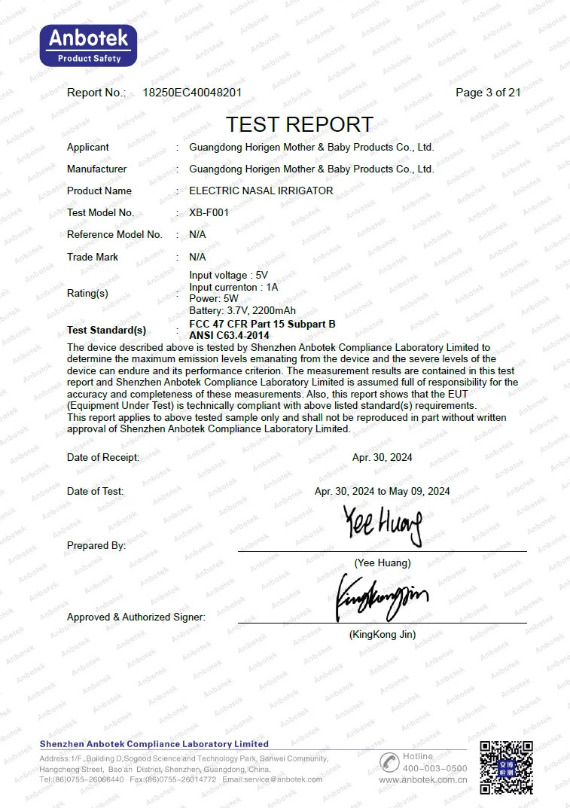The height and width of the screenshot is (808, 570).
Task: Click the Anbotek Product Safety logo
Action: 89,45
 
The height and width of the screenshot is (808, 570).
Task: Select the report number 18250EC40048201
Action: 192,93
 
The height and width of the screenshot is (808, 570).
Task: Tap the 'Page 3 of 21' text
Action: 488,93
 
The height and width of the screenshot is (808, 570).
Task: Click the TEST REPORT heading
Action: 300,124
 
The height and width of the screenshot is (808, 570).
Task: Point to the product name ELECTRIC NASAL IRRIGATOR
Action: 261,191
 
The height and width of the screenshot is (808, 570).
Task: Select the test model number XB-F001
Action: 209,212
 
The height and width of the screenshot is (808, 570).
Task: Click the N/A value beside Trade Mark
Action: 197,257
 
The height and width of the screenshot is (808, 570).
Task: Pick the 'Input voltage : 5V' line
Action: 229,276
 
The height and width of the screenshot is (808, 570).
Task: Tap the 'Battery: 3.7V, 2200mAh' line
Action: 242,310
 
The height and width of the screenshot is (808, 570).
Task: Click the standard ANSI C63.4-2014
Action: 229,334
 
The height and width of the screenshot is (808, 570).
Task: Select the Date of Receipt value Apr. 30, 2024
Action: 382,457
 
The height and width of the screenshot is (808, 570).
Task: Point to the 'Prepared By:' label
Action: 96,545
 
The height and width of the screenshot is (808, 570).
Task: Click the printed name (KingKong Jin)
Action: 382,634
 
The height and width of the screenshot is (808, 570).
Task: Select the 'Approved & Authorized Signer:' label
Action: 136,617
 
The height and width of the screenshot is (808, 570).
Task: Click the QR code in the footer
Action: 507,767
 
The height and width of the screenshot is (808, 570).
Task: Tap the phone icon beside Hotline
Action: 389,761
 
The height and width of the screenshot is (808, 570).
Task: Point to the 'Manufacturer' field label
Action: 96,169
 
